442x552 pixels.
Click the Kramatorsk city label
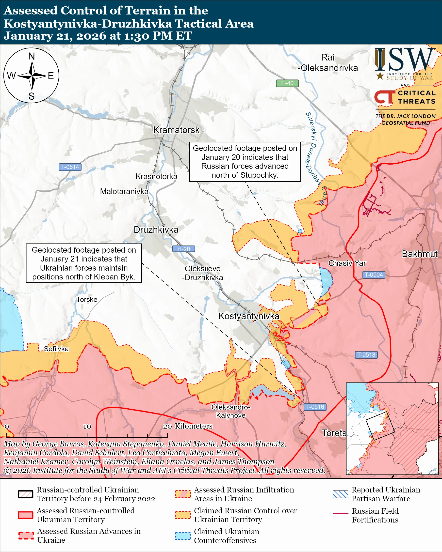coord(176,130)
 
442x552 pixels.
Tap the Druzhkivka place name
coord(156,230)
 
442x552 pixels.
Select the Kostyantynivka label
coord(248,316)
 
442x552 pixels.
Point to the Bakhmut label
coord(419,254)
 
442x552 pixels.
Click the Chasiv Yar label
coord(347,263)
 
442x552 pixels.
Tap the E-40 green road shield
coord(287,83)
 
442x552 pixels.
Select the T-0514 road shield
coord(70,167)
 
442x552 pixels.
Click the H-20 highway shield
coord(183,249)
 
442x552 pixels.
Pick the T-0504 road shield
coord(374,275)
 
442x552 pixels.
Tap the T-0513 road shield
coord(366,355)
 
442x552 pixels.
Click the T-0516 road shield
coord(315,407)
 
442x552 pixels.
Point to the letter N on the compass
coord(32,56)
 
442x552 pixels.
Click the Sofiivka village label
coord(56,349)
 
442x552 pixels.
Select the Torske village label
coord(87,300)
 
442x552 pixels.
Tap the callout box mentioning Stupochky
coord(245,162)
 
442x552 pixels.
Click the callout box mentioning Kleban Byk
coord(84,263)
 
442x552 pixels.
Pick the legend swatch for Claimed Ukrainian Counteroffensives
coord(183,536)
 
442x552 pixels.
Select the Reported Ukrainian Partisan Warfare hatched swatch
coord(340,494)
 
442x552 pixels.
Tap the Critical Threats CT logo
coord(384,97)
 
